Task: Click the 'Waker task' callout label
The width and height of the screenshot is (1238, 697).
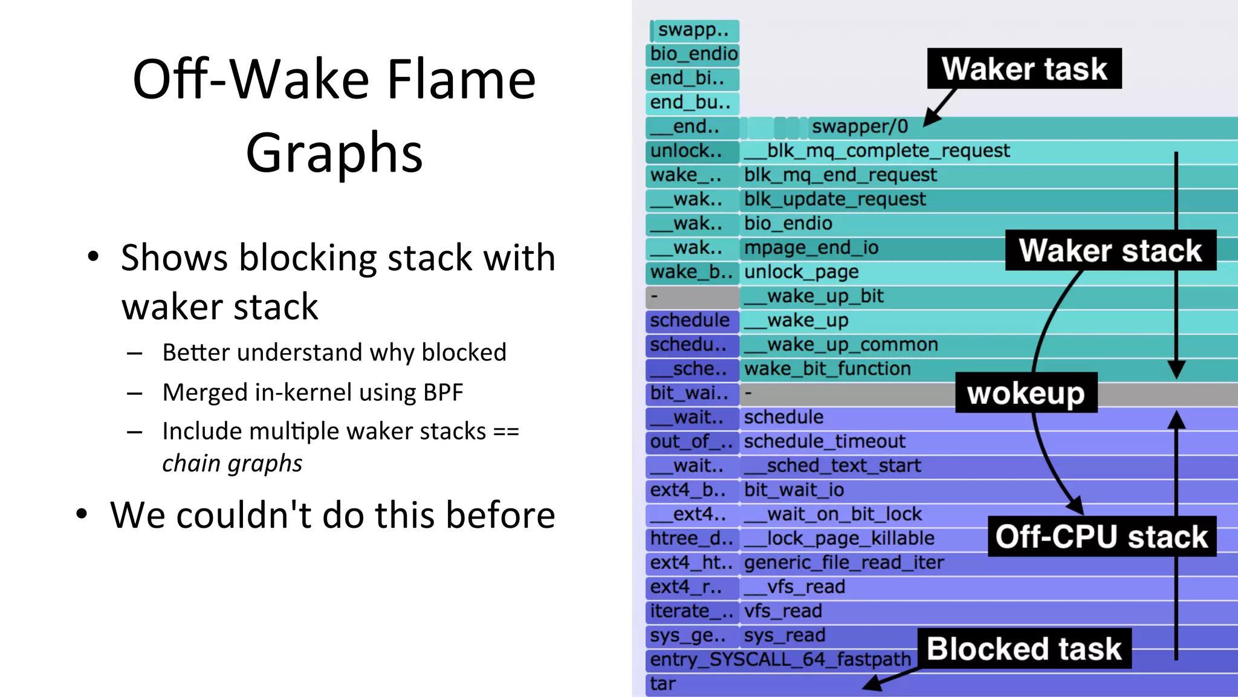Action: click(1024, 68)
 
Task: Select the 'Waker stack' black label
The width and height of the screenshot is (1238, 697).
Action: click(1110, 250)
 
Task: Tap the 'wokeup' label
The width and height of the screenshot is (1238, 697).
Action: click(1026, 394)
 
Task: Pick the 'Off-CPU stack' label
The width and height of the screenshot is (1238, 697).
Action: click(1101, 536)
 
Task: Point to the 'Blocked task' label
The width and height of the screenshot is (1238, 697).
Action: click(1024, 649)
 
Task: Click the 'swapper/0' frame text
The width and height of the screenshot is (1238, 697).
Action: click(860, 126)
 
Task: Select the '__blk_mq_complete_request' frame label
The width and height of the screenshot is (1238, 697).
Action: click(877, 151)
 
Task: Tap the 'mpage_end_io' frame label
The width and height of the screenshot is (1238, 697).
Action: click(811, 248)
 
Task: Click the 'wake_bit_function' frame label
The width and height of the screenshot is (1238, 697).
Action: click(827, 369)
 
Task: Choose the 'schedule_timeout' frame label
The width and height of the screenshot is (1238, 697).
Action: click(825, 441)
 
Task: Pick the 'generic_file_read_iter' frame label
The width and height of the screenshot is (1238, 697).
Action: click(844, 563)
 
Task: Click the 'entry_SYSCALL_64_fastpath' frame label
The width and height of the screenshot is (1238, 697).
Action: click(780, 660)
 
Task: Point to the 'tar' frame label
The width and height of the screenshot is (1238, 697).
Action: click(663, 684)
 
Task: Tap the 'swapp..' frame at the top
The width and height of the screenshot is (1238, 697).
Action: click(693, 30)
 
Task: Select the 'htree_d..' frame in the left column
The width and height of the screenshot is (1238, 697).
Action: click(692, 538)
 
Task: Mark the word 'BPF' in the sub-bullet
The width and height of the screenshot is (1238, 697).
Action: click(442, 392)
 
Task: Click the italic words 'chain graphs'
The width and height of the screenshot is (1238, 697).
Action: click(232, 464)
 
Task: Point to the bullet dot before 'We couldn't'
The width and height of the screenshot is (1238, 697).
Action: click(82, 514)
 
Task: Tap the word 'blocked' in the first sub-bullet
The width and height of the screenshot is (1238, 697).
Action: click(464, 352)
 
